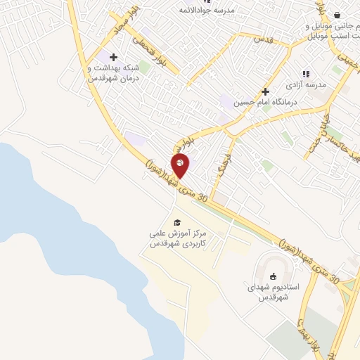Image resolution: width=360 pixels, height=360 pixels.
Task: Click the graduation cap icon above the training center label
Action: [x=176, y=222]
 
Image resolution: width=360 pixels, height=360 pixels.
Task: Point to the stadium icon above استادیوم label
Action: [x=274, y=276]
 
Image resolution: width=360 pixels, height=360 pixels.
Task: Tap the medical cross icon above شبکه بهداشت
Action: [x=113, y=57]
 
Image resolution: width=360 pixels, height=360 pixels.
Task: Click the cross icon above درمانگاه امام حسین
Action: [x=265, y=91]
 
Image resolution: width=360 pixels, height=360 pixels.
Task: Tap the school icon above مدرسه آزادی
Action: [x=305, y=73]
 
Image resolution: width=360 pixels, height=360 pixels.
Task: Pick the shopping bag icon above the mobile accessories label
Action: [x=337, y=15]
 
